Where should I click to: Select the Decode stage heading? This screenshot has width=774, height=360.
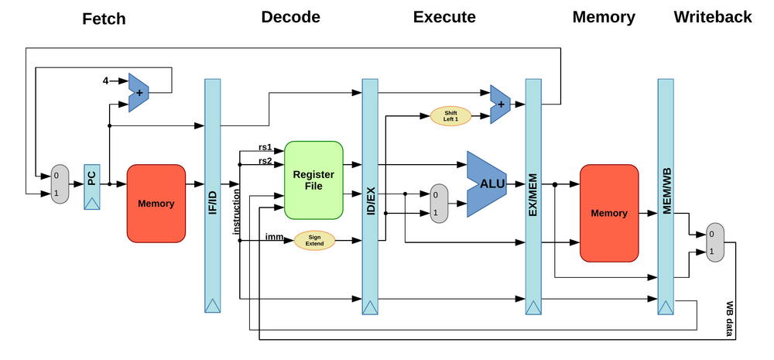click(290, 17)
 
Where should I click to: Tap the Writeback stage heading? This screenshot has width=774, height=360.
click(712, 17)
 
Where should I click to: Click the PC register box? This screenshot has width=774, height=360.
click(92, 187)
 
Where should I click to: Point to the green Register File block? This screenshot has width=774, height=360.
click(313, 180)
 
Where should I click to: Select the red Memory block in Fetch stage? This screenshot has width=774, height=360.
click(156, 204)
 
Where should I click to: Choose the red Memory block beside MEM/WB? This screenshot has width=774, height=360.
click(609, 212)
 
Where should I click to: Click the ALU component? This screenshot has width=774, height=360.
click(486, 183)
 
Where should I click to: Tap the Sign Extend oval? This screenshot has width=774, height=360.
click(314, 241)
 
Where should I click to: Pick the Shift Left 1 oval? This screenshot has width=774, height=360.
click(450, 116)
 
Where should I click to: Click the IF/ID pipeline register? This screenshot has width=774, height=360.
click(213, 195)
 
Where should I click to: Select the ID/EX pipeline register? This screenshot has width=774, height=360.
click(369, 195)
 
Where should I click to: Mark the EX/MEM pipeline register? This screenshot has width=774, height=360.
click(533, 195)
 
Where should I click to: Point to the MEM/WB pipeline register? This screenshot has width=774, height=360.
click(666, 195)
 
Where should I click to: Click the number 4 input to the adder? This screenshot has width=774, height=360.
click(106, 81)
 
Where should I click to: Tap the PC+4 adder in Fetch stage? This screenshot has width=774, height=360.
click(139, 93)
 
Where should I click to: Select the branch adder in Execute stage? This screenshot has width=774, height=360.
click(500, 104)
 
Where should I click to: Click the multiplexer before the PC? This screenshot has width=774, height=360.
click(60, 184)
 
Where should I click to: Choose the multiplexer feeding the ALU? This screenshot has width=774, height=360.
click(439, 203)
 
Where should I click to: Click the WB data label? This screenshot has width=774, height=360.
click(729, 319)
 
